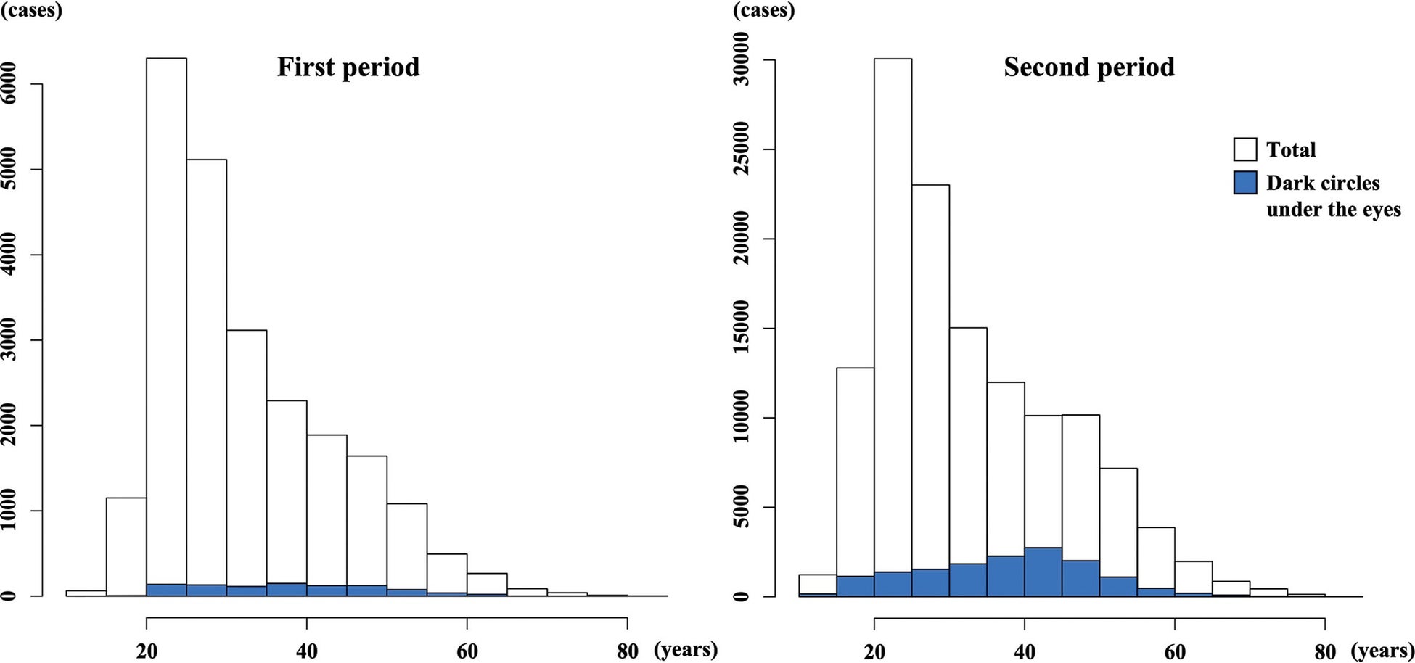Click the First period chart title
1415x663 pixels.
348,67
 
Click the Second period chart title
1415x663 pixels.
1089,67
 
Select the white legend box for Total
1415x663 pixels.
1245,149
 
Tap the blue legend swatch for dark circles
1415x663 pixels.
1245,183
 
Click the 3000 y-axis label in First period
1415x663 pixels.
9,340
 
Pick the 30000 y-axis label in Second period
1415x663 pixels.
741,60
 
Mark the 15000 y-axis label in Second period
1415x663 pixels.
741,329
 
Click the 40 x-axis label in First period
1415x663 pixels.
306,651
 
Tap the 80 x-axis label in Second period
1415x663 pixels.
1325,651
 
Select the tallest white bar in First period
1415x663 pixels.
166,326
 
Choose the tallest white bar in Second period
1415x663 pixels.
893,327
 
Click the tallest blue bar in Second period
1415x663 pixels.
1043,572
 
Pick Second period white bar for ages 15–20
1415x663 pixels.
855,482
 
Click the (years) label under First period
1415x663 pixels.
686,650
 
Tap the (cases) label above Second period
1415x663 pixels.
764,11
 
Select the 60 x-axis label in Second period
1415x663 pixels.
1175,651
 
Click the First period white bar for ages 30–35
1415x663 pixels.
246,463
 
